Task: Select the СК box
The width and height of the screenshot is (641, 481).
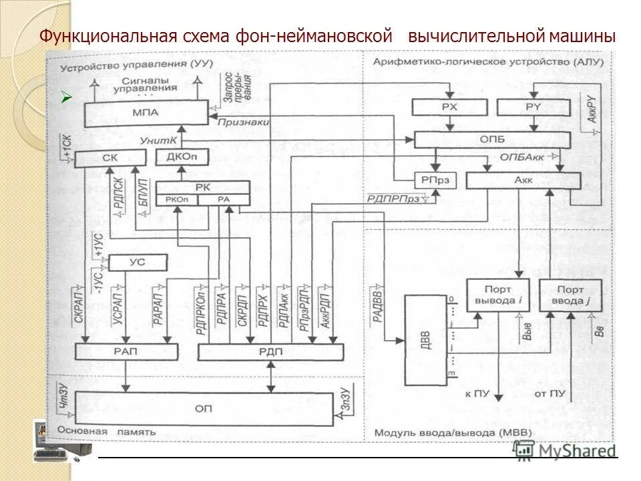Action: pyautogui.click(x=110, y=158)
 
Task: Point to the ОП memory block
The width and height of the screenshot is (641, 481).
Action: pyautogui.click(x=204, y=407)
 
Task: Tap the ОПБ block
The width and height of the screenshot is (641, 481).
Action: pyautogui.click(x=492, y=140)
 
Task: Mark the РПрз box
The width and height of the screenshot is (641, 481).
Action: pyautogui.click(x=434, y=180)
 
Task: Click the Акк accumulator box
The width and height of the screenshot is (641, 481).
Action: pyautogui.click(x=523, y=180)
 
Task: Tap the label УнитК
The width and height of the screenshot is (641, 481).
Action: pyautogui.click(x=158, y=140)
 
